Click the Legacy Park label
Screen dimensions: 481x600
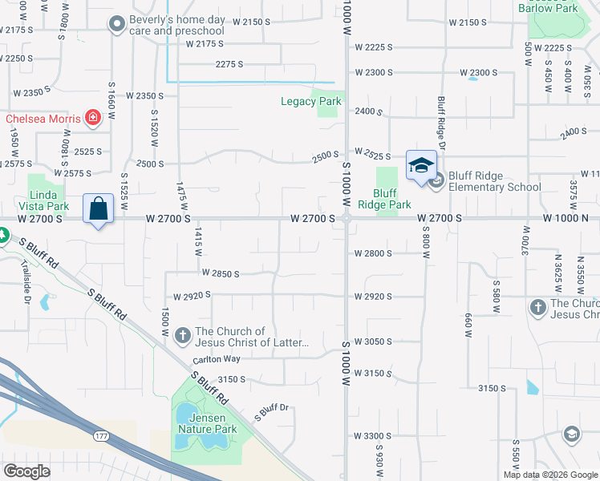tap(310, 101)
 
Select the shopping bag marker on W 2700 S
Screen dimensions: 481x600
tap(98, 209)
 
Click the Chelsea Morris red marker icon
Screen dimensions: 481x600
tap(93, 119)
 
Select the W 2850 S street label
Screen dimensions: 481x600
tap(221, 274)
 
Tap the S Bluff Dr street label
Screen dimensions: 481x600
tap(270, 413)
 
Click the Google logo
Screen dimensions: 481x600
tap(26, 471)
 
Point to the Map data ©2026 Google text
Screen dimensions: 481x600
tap(550, 475)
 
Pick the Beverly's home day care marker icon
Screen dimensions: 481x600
tap(118, 24)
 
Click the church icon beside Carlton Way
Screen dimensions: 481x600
tap(183, 336)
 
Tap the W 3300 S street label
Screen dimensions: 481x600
tap(372, 436)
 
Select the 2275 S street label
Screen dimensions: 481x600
tap(229, 63)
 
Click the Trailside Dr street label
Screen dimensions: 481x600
tap(26, 289)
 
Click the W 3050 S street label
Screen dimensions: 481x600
tap(372, 342)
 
